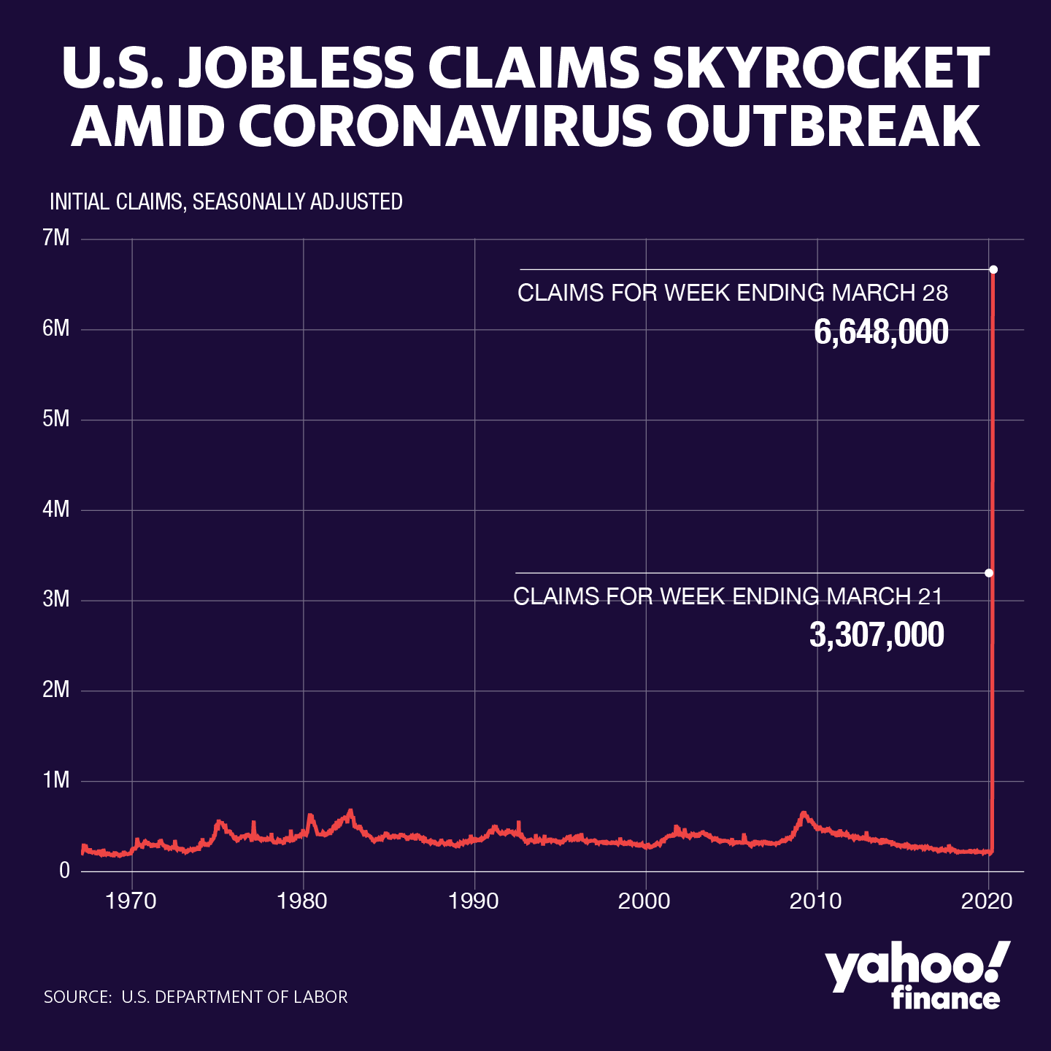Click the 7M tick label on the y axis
(56, 238)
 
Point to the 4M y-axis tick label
(56, 509)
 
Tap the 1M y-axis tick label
(56, 780)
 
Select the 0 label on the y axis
(65, 871)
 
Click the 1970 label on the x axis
(131, 901)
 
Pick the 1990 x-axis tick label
(474, 901)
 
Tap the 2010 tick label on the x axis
(817, 901)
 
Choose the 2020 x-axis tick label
(988, 901)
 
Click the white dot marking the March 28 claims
(993, 269)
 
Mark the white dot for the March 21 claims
(989, 573)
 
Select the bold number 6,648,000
(881, 333)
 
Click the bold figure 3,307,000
(877, 636)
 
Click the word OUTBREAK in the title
(823, 126)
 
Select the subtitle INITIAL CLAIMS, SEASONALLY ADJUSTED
(226, 201)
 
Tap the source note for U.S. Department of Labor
(196, 997)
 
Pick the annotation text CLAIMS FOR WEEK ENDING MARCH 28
(733, 293)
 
